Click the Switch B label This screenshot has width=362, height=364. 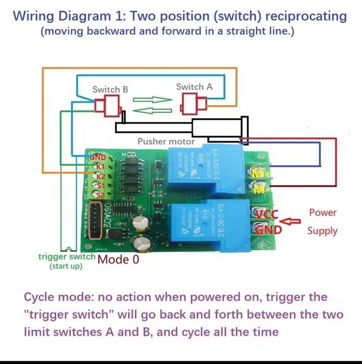(x=110, y=89)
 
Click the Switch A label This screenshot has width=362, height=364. (x=194, y=87)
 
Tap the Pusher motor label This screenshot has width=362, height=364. (x=166, y=141)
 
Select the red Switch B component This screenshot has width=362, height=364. (x=108, y=106)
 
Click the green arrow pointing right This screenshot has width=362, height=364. (x=152, y=99)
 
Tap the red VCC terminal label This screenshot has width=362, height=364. (x=267, y=213)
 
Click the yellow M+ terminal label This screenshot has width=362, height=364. (x=259, y=174)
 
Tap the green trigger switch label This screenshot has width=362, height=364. (x=67, y=257)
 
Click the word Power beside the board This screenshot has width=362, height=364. (x=322, y=212)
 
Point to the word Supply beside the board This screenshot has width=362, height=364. (x=322, y=231)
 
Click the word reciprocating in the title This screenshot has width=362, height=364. (x=306, y=16)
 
